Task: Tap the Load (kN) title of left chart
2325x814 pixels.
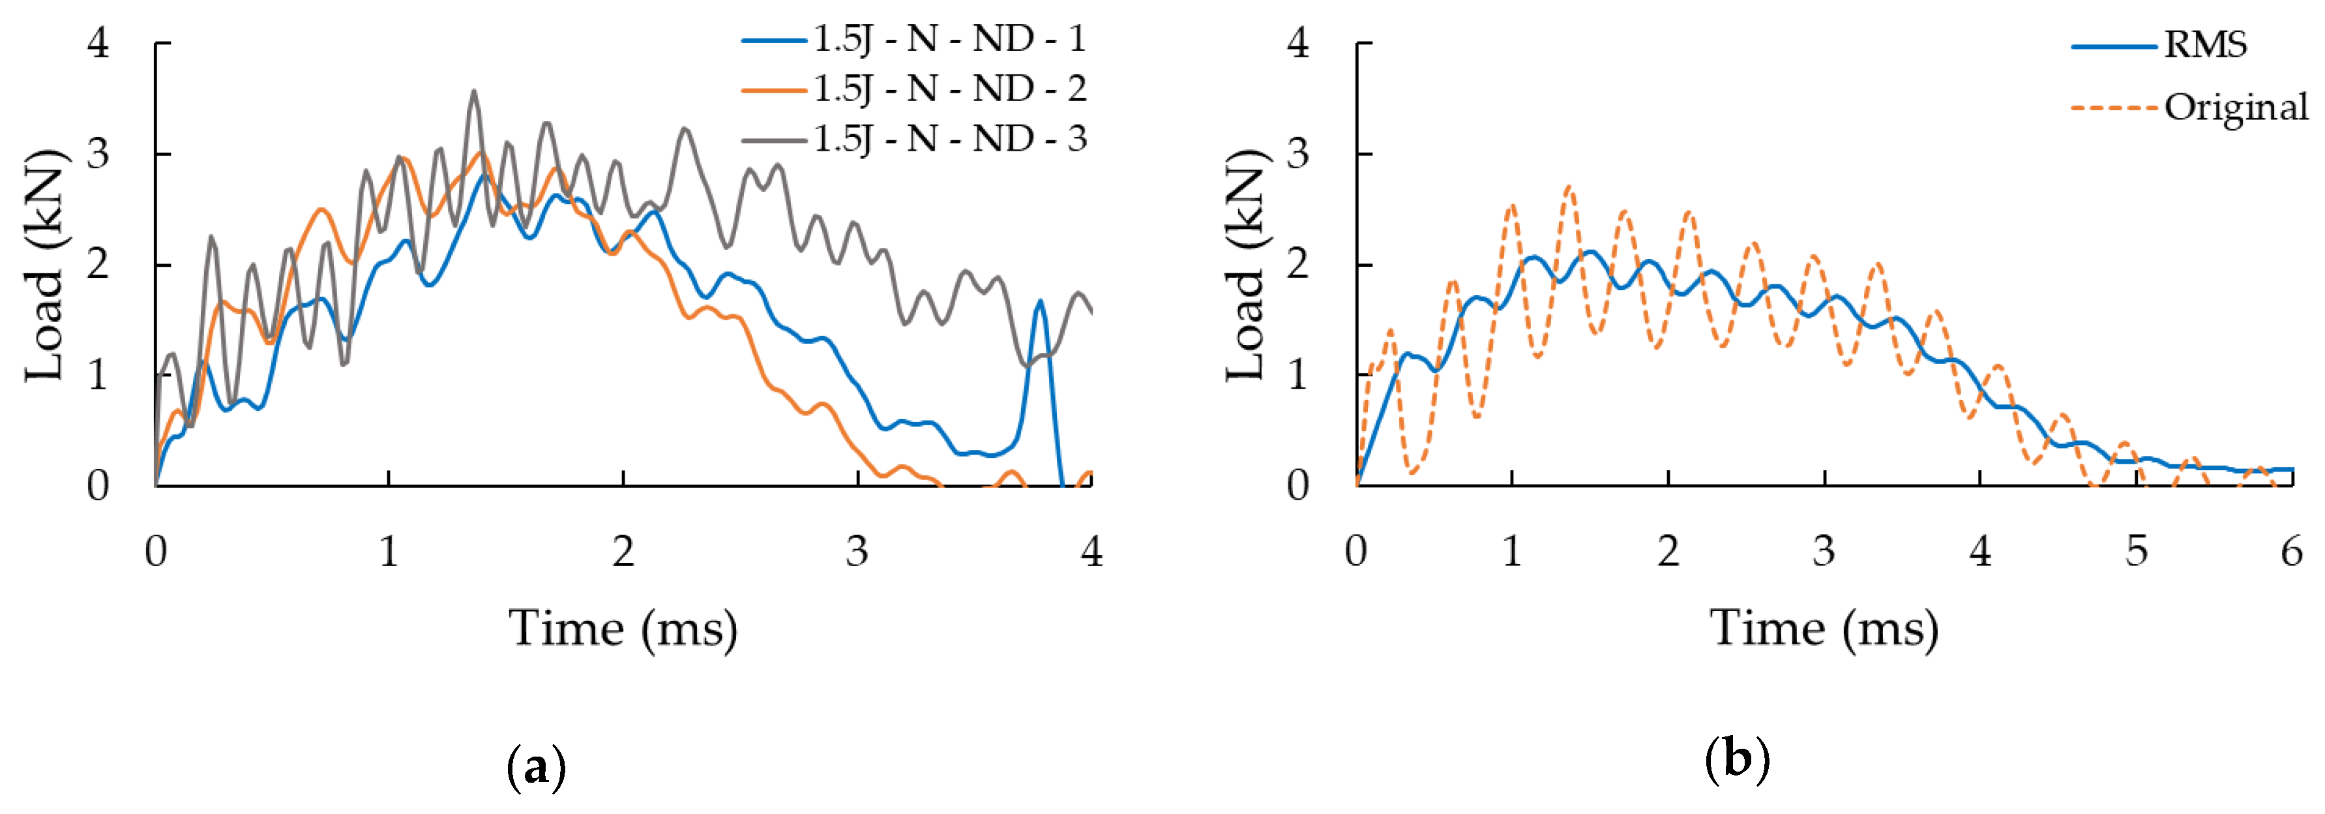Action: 45,264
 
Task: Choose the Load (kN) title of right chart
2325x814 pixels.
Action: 1245,264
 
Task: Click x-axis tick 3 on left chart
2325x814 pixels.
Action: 857,551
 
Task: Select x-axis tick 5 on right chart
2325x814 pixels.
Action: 2135,551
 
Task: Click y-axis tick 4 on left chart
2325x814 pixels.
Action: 98,42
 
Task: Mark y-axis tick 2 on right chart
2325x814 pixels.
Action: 1298,264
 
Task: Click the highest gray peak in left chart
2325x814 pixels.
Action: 474,91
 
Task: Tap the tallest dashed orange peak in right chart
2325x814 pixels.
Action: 1569,187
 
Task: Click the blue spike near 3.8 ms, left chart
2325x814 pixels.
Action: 1040,301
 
